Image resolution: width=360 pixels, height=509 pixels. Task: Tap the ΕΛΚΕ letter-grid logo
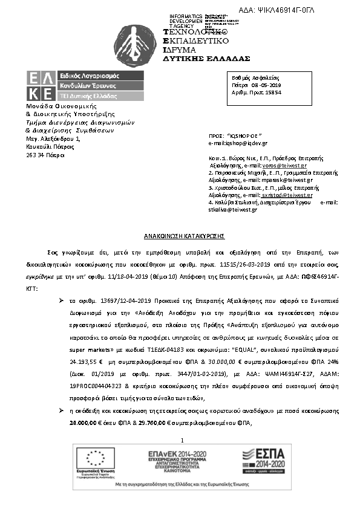click(x=39, y=85)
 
